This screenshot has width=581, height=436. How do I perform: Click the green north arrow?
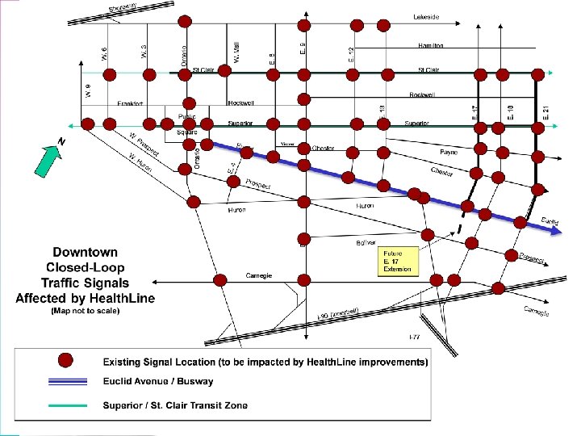[47, 158]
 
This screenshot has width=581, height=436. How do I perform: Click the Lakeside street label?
[426, 17]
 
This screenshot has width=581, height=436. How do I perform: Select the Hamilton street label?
[430, 46]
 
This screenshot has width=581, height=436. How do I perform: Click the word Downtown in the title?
[85, 253]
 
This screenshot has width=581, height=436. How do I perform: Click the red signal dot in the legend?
[67, 361]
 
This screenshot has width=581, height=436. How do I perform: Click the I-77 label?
[414, 336]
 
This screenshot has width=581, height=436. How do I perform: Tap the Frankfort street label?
[130, 103]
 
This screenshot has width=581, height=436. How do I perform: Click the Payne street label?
[449, 152]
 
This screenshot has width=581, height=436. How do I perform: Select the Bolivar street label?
[366, 243]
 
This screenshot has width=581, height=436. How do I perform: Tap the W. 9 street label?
[87, 90]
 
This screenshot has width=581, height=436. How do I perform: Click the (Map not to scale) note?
[85, 312]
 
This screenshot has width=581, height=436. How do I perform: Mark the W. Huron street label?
[139, 163]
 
